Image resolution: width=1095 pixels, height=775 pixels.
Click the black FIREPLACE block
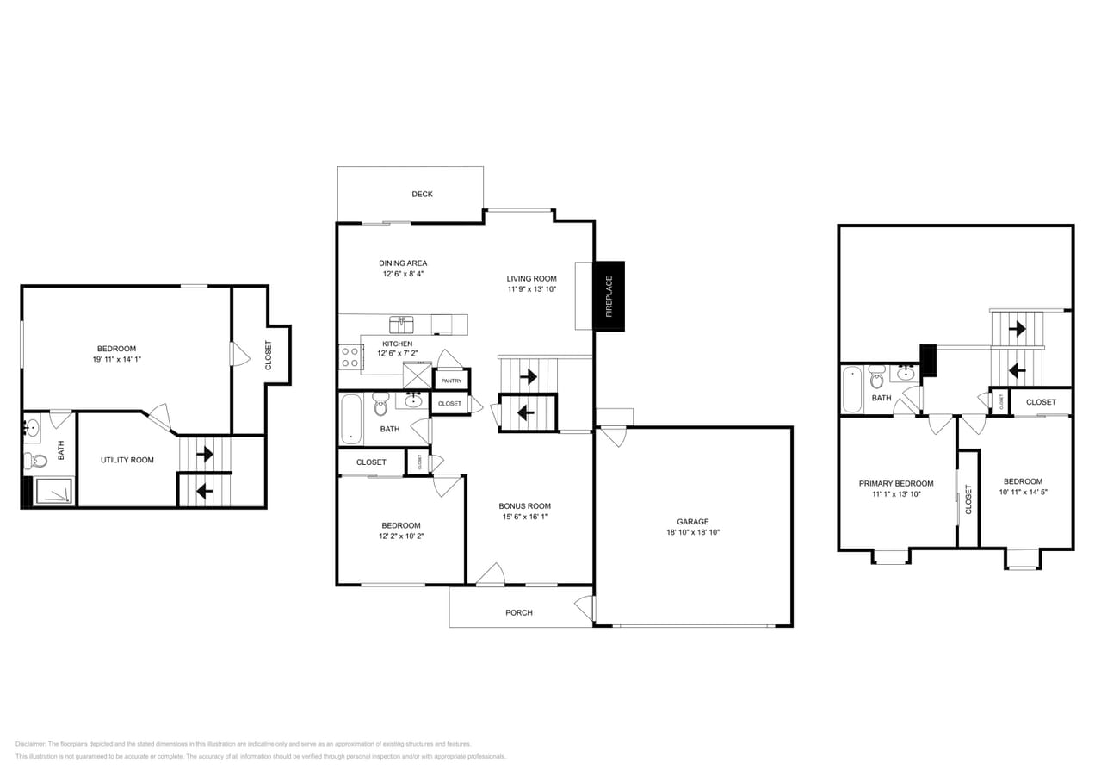point(609,295)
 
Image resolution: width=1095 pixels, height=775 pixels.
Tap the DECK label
point(422,195)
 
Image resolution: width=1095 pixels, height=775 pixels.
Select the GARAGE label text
point(692,521)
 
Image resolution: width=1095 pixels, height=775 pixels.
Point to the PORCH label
point(518,612)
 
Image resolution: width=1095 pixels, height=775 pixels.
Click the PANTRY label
point(451,381)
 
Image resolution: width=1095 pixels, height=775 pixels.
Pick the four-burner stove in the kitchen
point(350,356)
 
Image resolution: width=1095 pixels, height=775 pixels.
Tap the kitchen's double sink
point(401,325)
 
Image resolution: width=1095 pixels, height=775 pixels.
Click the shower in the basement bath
point(53,492)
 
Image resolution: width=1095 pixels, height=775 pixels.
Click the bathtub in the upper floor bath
point(851,389)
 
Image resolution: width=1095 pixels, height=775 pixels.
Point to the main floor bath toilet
point(380,404)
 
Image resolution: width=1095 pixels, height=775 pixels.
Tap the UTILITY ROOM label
point(127,460)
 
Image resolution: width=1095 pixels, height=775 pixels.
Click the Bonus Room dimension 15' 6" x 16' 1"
point(524,517)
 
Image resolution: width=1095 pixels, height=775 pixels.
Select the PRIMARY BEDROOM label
point(895,483)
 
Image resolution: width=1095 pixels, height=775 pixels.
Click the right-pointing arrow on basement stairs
point(204,453)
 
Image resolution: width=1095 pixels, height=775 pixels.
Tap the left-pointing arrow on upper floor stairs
point(1017,370)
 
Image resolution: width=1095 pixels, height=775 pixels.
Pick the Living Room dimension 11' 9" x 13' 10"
point(531,289)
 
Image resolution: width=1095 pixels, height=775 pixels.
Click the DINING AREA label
point(403,263)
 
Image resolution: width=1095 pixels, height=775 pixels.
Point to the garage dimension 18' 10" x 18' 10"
point(692,532)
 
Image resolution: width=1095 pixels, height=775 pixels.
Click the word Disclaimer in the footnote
point(30,743)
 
